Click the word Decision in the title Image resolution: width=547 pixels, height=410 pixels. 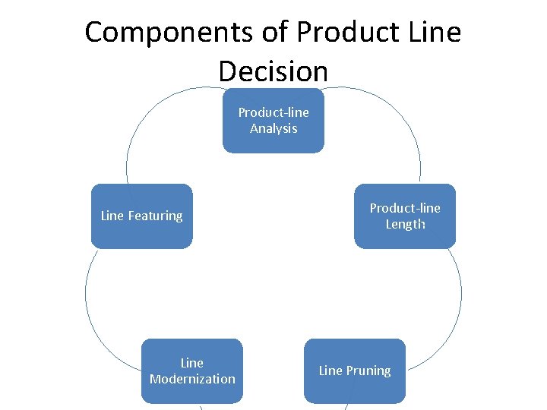point(273,71)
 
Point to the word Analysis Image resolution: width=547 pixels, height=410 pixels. point(273,128)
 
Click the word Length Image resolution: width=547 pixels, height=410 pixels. point(405,224)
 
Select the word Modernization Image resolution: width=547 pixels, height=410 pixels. point(192,379)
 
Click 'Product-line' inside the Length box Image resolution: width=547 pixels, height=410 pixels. point(405,208)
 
